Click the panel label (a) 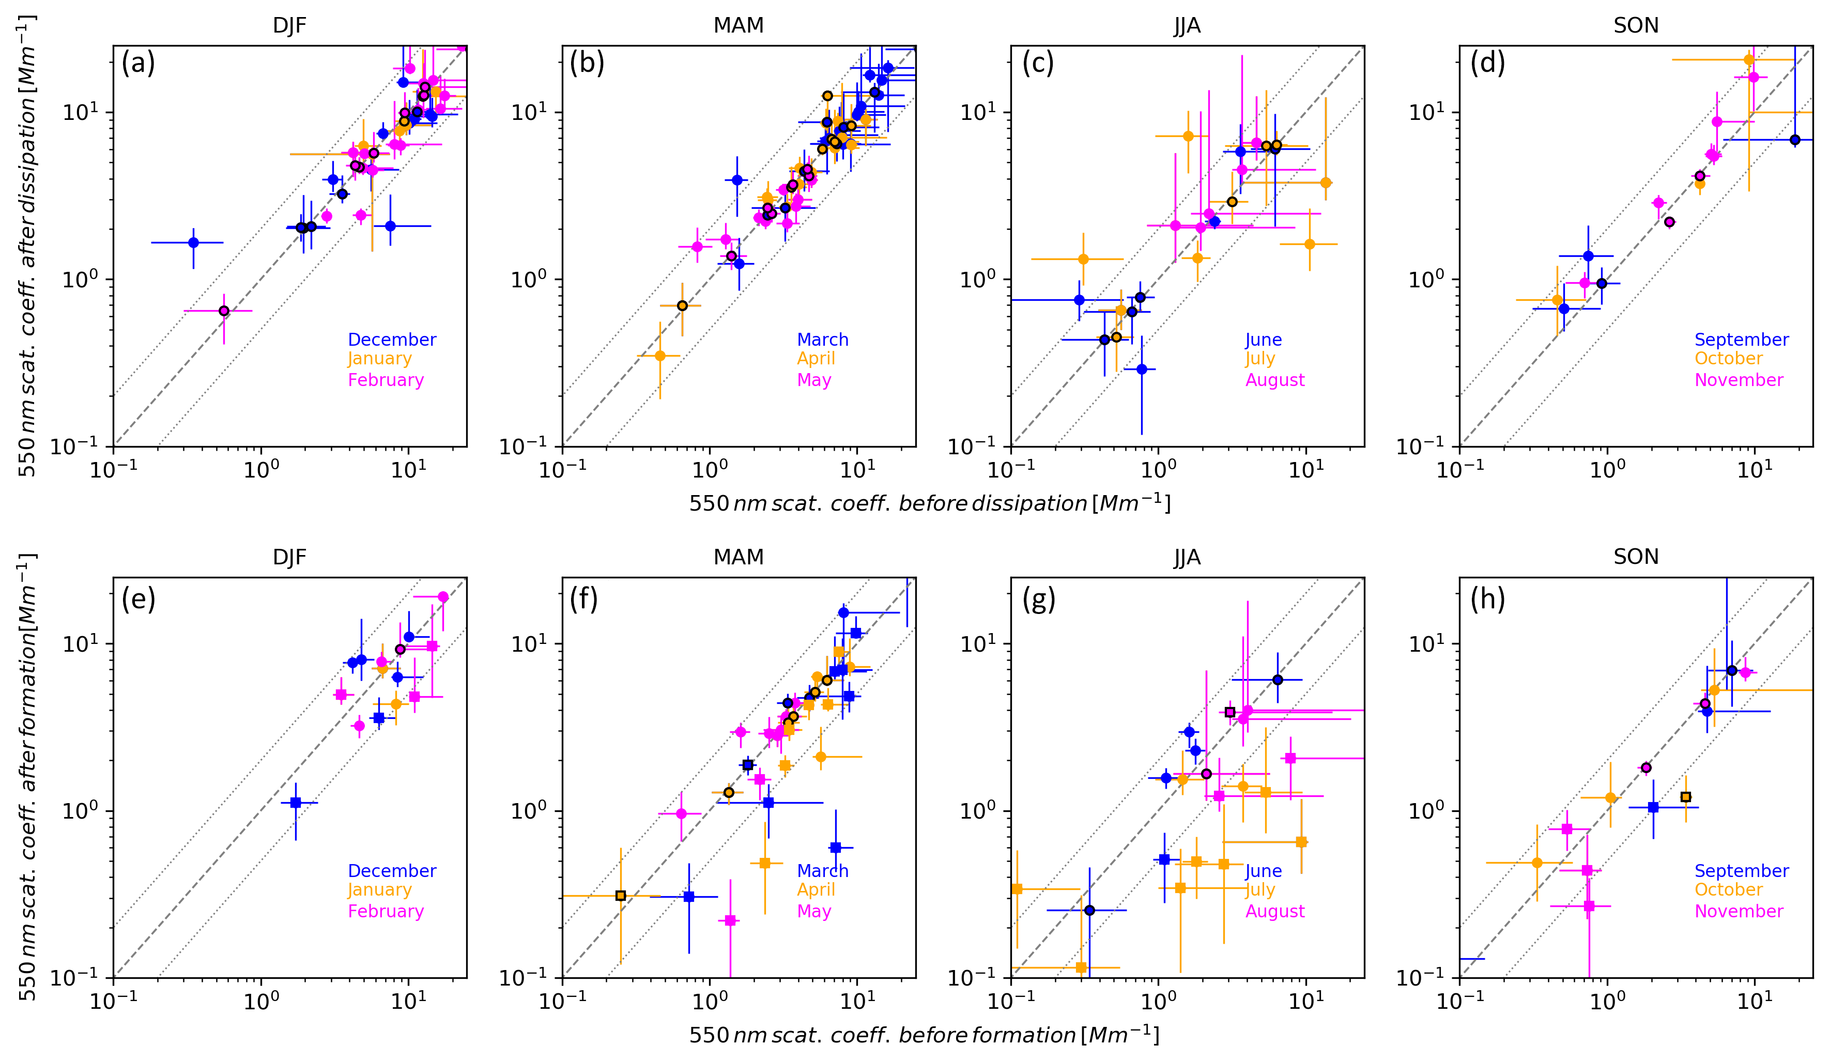(x=138, y=64)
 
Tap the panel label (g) (x=1038, y=600)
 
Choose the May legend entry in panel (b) (x=813, y=380)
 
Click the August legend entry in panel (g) (x=1274, y=912)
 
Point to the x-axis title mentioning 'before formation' (x=924, y=1034)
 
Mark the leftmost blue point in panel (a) (x=193, y=242)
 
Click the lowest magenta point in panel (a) (x=224, y=311)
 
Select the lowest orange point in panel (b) (x=659, y=356)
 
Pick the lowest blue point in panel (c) (x=1142, y=370)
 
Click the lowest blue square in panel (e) (x=296, y=803)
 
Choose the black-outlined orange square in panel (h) (x=1685, y=797)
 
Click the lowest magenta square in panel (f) (x=731, y=921)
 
